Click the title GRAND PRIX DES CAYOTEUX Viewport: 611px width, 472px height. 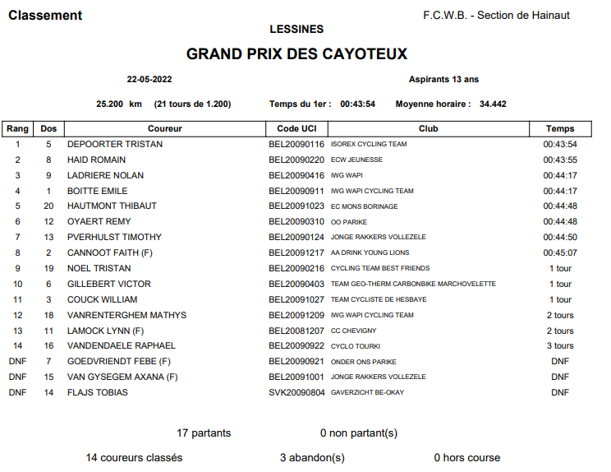[296, 54]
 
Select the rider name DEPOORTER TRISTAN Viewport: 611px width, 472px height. [115, 144]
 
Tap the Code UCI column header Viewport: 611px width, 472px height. [296, 128]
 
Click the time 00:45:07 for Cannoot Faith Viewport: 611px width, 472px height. [560, 252]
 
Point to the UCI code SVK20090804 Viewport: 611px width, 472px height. [296, 392]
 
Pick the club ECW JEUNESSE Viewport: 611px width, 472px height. [356, 160]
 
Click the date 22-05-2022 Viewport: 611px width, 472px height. [149, 80]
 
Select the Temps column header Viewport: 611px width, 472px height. [560, 128]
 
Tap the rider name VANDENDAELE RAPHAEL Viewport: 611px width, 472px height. [121, 345]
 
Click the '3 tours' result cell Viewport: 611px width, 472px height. [560, 345]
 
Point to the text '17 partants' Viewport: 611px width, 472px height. [204, 433]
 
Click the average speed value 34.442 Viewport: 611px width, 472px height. [493, 104]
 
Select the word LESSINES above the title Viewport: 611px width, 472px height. [296, 30]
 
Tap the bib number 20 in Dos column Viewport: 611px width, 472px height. [48, 206]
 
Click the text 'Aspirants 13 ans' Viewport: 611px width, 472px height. [443, 80]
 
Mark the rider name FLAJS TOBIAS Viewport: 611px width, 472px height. [98, 392]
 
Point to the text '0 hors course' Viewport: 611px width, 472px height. [466, 457]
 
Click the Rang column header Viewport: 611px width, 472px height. [17, 128]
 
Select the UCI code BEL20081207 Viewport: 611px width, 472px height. [296, 330]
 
